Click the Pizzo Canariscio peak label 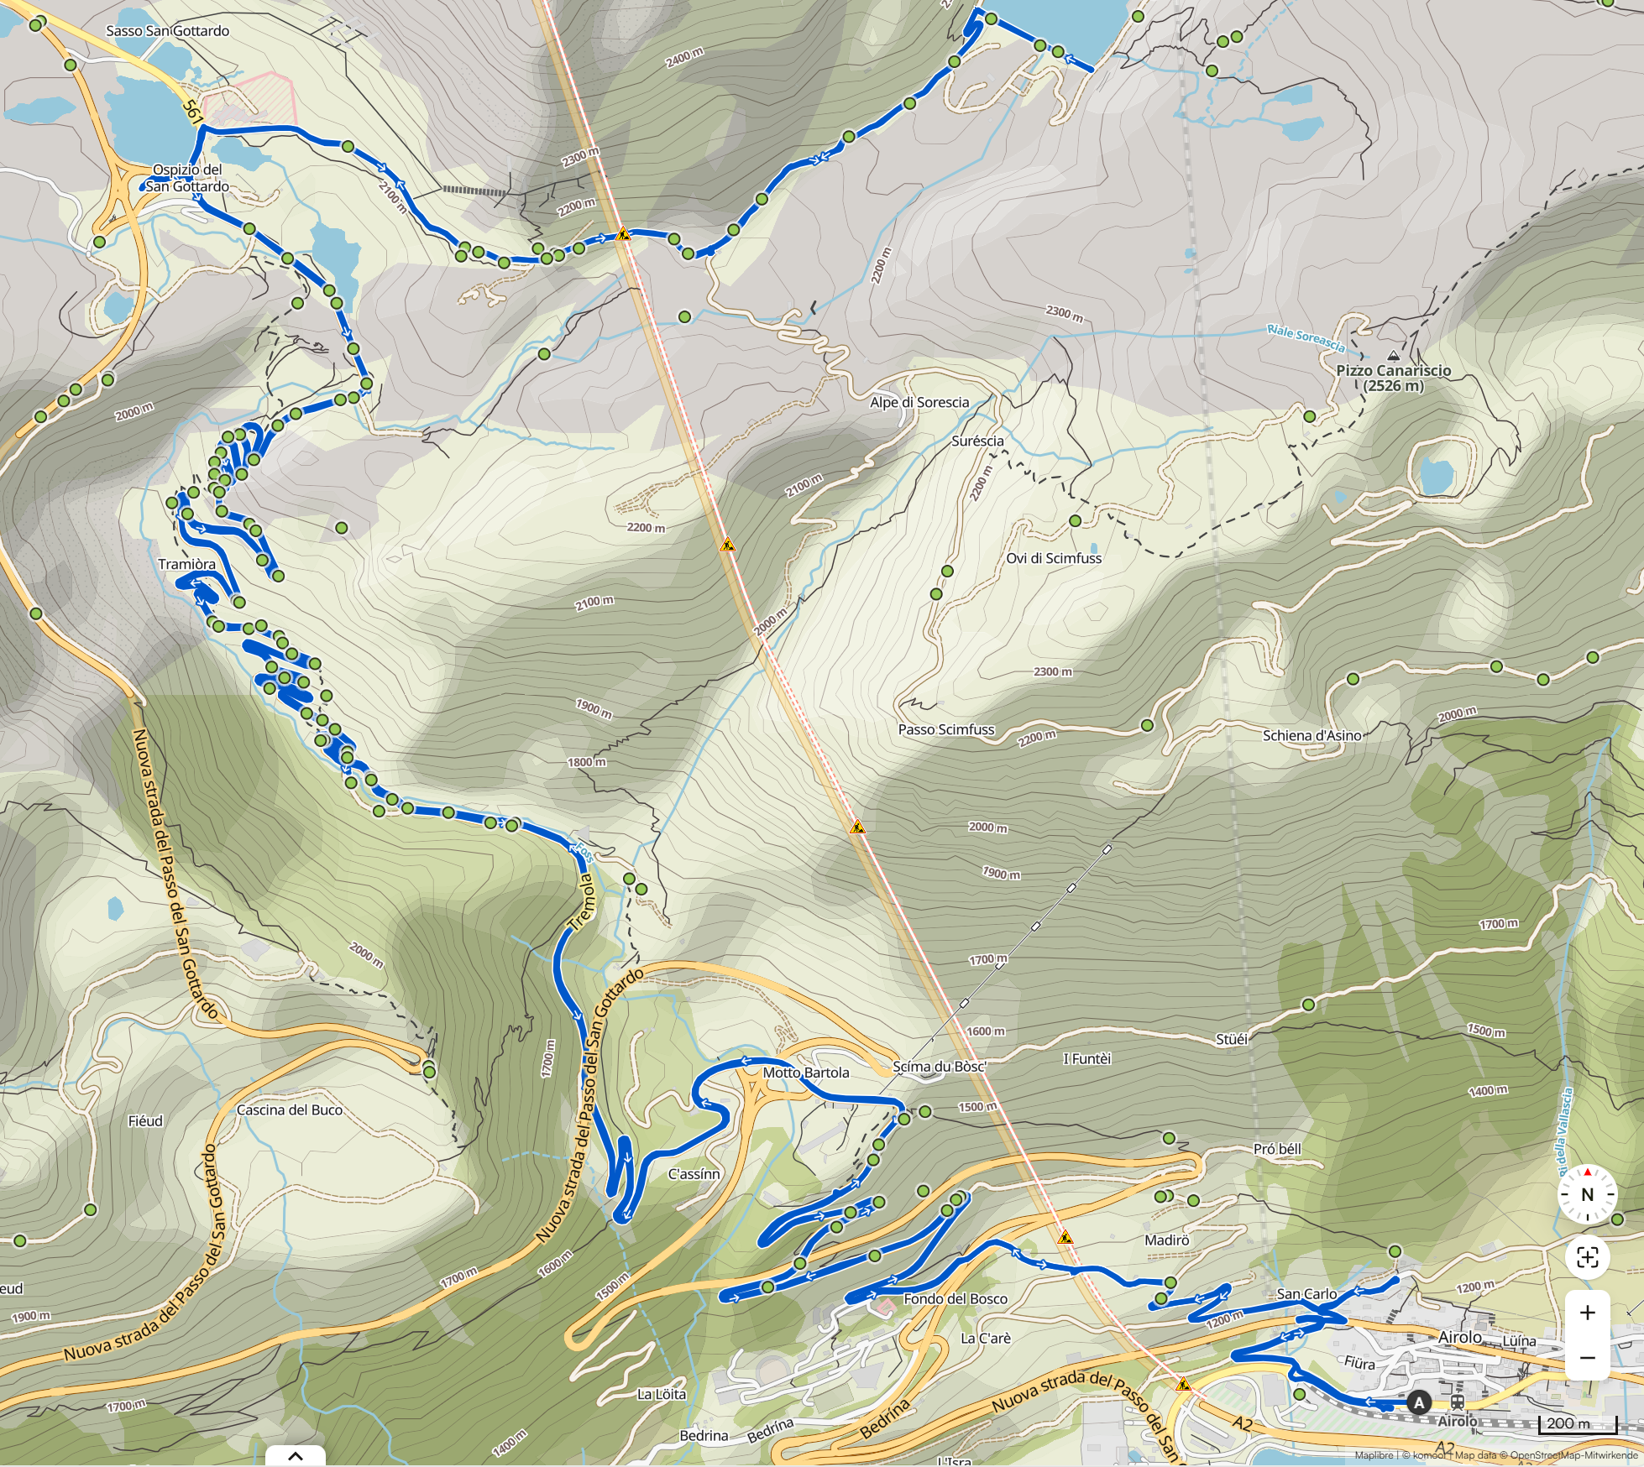pyautogui.click(x=1393, y=378)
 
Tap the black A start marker pyautogui.click(x=1419, y=1402)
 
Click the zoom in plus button pyautogui.click(x=1587, y=1313)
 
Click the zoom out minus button pyautogui.click(x=1587, y=1357)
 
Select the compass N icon pyautogui.click(x=1587, y=1194)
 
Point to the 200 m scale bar pyautogui.click(x=1577, y=1423)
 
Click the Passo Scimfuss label pyautogui.click(x=945, y=729)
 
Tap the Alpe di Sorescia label pyautogui.click(x=919, y=402)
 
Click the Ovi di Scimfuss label pyautogui.click(x=1053, y=558)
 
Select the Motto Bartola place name pyautogui.click(x=805, y=1073)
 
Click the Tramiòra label pyautogui.click(x=186, y=564)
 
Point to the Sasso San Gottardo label pyautogui.click(x=167, y=31)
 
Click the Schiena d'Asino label pyautogui.click(x=1312, y=735)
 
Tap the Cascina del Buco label pyautogui.click(x=289, y=1109)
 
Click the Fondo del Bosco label pyautogui.click(x=955, y=1298)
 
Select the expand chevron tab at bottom pyautogui.click(x=295, y=1456)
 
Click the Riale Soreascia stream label pyautogui.click(x=1306, y=337)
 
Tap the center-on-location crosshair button pyautogui.click(x=1587, y=1257)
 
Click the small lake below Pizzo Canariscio pyautogui.click(x=1437, y=476)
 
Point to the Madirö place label pyautogui.click(x=1166, y=1240)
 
